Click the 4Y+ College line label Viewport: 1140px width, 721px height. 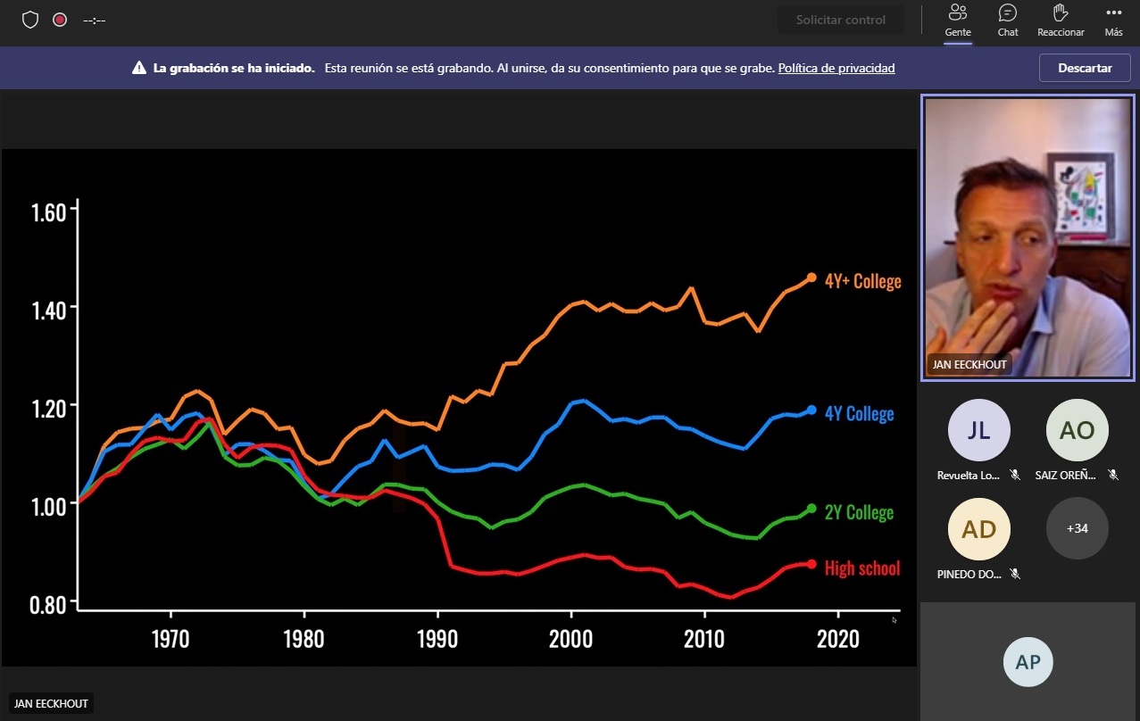pyautogui.click(x=862, y=281)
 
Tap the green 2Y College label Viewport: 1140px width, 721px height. pyautogui.click(x=858, y=512)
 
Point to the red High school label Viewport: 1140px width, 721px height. pyautogui.click(x=862, y=568)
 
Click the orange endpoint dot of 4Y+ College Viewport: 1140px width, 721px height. pyautogui.click(x=811, y=278)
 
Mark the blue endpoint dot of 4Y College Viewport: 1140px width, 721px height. pyautogui.click(x=811, y=410)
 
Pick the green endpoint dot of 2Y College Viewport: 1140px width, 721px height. pyautogui.click(x=811, y=509)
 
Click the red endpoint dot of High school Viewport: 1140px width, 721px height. pyautogui.click(x=811, y=564)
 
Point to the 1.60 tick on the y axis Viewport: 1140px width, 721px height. pyautogui.click(x=49, y=212)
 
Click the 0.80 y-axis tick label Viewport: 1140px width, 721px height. pyautogui.click(x=49, y=605)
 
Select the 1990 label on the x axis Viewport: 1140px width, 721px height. pyautogui.click(x=437, y=639)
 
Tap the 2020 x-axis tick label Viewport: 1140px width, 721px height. pyautogui.click(x=838, y=639)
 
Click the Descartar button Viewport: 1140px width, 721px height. pyautogui.click(x=1085, y=68)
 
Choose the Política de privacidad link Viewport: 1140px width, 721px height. pyautogui.click(x=836, y=68)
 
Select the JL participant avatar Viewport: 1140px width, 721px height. pyautogui.click(x=978, y=430)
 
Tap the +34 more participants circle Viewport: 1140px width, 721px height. pyautogui.click(x=1077, y=528)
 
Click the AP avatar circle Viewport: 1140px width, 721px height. pyautogui.click(x=1028, y=662)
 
